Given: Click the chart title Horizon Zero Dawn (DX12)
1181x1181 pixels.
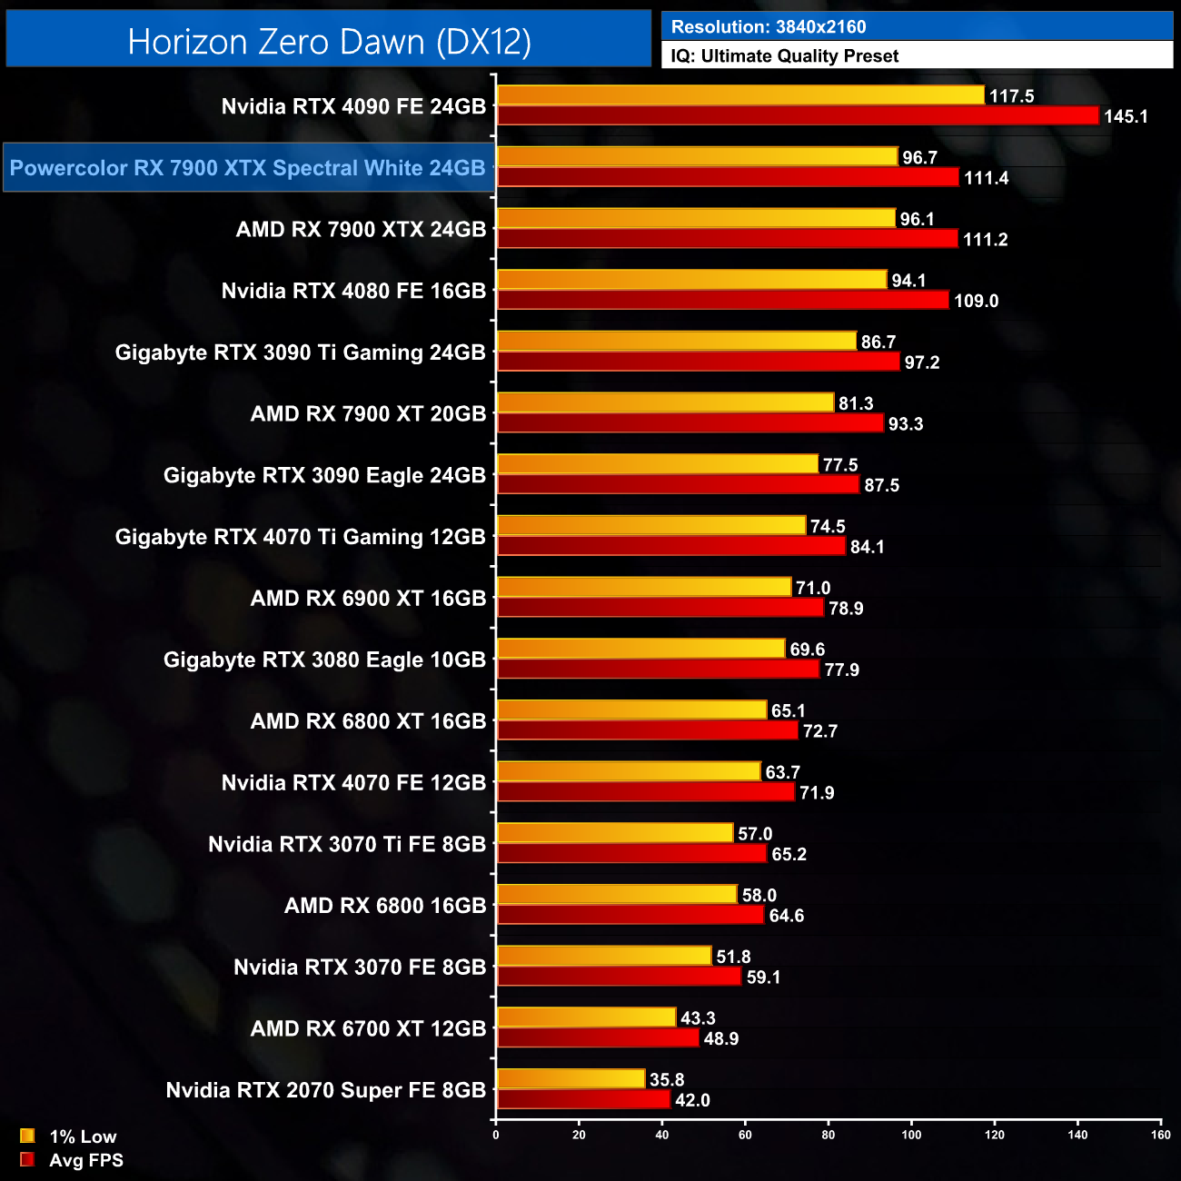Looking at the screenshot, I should tap(329, 42).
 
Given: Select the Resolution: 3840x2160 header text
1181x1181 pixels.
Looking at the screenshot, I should tap(769, 27).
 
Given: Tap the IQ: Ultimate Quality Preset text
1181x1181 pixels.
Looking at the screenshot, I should tap(785, 56).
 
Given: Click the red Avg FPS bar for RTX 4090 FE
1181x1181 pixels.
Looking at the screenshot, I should tap(798, 115).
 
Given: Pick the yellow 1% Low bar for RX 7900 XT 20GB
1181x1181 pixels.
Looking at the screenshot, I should tap(665, 402).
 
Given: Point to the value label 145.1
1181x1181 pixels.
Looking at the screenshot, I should tap(1126, 116).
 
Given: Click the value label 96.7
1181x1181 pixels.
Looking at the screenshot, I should tap(919, 158).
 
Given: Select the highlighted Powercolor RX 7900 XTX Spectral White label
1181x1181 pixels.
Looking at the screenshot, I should tap(248, 168).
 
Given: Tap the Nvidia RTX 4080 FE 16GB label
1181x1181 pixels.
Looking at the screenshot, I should tap(353, 291).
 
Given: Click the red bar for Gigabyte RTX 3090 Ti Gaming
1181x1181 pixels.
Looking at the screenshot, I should tap(699, 362).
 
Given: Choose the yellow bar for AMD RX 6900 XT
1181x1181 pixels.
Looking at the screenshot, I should tap(644, 587).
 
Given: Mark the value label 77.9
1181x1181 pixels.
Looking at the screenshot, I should tap(841, 670).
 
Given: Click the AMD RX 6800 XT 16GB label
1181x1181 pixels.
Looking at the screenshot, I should tap(368, 721).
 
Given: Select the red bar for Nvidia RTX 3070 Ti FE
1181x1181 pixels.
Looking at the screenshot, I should tap(632, 854).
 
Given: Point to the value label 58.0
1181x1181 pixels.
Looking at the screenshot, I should tap(759, 896).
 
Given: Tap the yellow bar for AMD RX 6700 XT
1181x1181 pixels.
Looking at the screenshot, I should tap(587, 1017).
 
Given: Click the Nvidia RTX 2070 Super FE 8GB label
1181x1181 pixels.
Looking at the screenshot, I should tap(325, 1090).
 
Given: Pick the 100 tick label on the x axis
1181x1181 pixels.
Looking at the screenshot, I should tap(911, 1135).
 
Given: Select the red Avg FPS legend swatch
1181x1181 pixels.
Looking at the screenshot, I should tap(27, 1160).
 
